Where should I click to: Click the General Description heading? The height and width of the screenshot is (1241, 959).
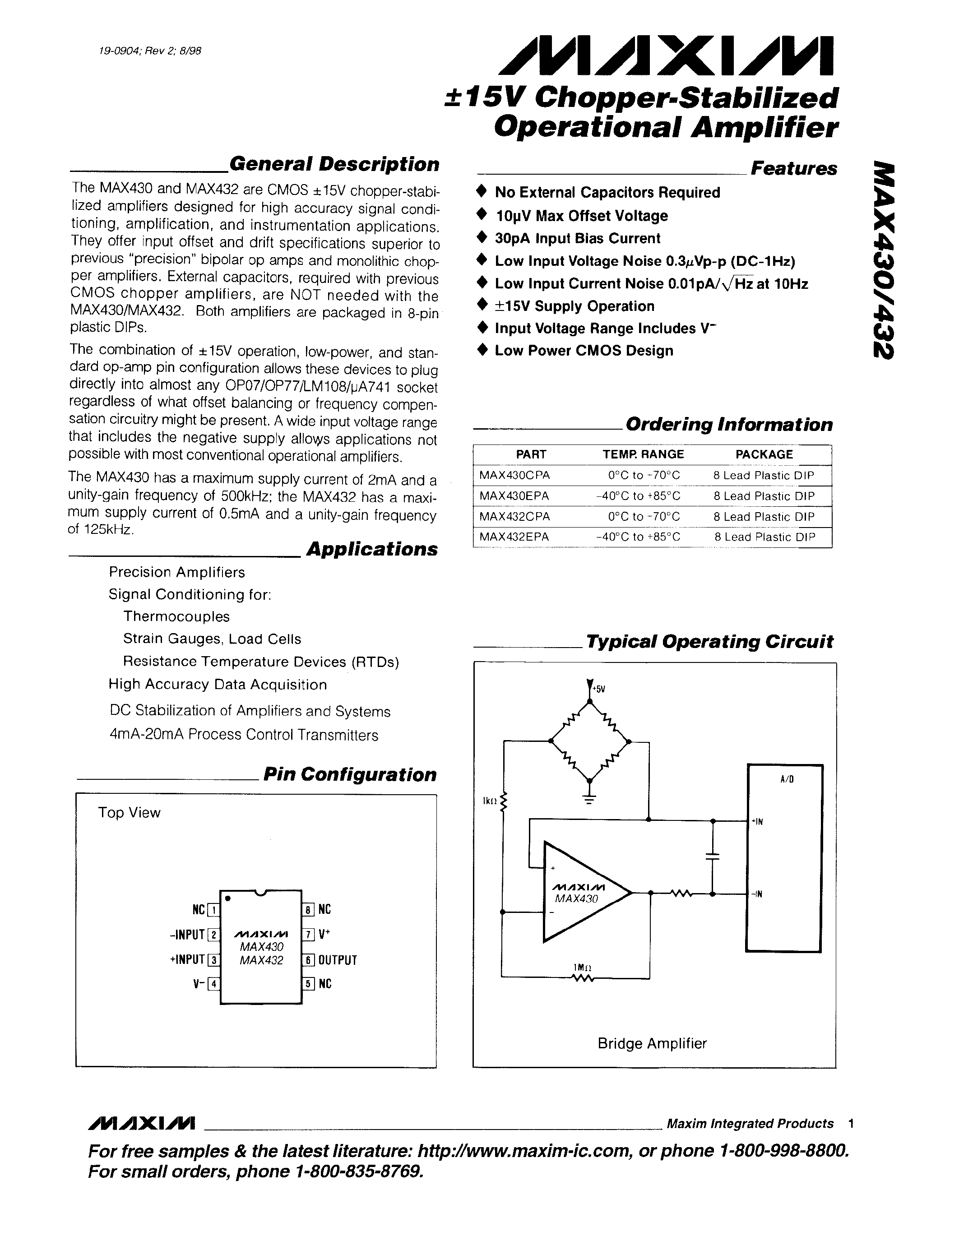click(x=334, y=164)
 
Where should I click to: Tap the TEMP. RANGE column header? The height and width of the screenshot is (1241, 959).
click(x=643, y=454)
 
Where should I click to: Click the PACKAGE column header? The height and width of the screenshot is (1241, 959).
click(x=764, y=454)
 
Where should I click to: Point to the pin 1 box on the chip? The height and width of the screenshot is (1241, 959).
click(x=213, y=910)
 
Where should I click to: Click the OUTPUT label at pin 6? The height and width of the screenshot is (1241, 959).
click(x=338, y=960)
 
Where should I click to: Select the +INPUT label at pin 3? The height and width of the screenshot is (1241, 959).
click(x=187, y=960)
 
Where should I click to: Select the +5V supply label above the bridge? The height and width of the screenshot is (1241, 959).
click(x=599, y=689)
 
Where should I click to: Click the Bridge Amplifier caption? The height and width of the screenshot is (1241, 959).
click(x=652, y=1043)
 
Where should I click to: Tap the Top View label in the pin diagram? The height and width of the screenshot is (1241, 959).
click(x=129, y=813)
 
